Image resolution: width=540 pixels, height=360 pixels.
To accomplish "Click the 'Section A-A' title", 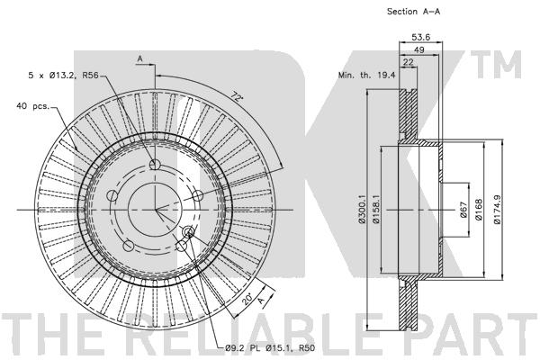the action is [x=413, y=12].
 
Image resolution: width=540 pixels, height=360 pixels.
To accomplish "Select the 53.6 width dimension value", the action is [x=420, y=37].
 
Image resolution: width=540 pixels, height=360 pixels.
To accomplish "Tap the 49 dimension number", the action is [x=418, y=49].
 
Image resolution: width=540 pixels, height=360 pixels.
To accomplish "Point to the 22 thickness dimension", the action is [x=408, y=62].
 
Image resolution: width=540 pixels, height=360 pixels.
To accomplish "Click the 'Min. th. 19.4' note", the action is [x=366, y=75].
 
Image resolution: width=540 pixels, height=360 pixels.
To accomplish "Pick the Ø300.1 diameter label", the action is [x=361, y=209].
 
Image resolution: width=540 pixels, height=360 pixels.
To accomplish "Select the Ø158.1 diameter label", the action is [x=375, y=209].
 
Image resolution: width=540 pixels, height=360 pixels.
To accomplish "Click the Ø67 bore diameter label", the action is [x=463, y=210].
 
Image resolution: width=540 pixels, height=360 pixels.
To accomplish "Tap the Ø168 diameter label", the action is [x=479, y=209].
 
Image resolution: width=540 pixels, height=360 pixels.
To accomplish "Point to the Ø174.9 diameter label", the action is [x=497, y=209].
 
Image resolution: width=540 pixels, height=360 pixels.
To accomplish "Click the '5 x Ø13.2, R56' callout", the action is [x=63, y=75].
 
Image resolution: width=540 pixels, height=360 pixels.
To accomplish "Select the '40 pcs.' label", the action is [x=32, y=106].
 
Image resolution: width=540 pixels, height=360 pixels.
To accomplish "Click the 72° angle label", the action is [x=236, y=96].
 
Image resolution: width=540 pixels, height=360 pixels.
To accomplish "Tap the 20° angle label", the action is [x=247, y=299].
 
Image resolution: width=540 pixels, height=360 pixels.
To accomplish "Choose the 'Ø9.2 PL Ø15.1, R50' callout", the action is [x=270, y=348].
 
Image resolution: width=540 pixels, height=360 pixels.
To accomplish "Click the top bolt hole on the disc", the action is [x=155, y=165].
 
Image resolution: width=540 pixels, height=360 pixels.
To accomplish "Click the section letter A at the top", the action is [x=139, y=58].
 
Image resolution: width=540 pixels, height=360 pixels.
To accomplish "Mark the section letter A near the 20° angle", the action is [x=262, y=301].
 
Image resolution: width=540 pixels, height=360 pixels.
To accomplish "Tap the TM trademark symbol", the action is [x=496, y=65].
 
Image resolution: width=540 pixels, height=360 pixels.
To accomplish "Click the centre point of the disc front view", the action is [x=156, y=209].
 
